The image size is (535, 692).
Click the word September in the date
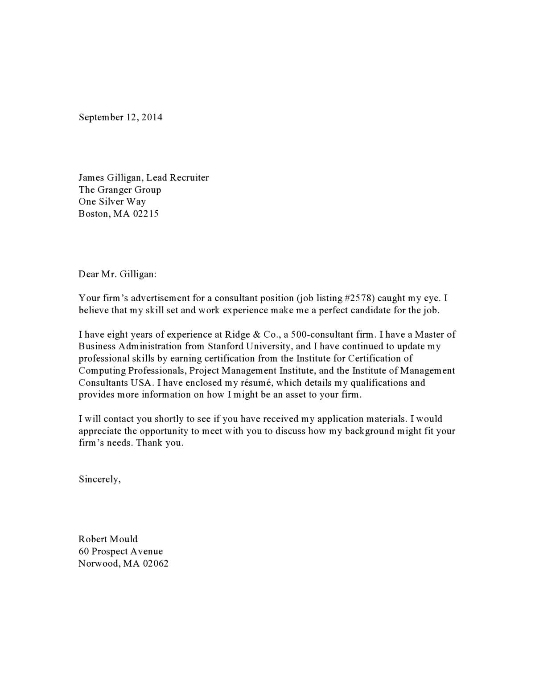[x=101, y=118]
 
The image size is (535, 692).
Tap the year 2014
[x=152, y=117]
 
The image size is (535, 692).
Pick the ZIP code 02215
[x=146, y=213]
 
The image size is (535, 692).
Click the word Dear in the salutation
[x=88, y=274]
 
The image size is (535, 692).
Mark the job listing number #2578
[x=359, y=298]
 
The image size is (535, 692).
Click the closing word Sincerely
[x=99, y=479]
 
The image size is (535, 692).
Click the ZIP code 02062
[x=156, y=564]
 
